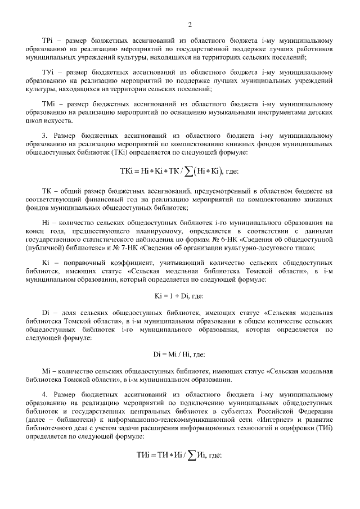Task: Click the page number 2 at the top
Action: click(x=190, y=24)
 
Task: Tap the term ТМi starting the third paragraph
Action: click(x=47, y=105)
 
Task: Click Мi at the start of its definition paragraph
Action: click(x=47, y=372)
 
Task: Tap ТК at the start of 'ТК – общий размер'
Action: click(x=47, y=192)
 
